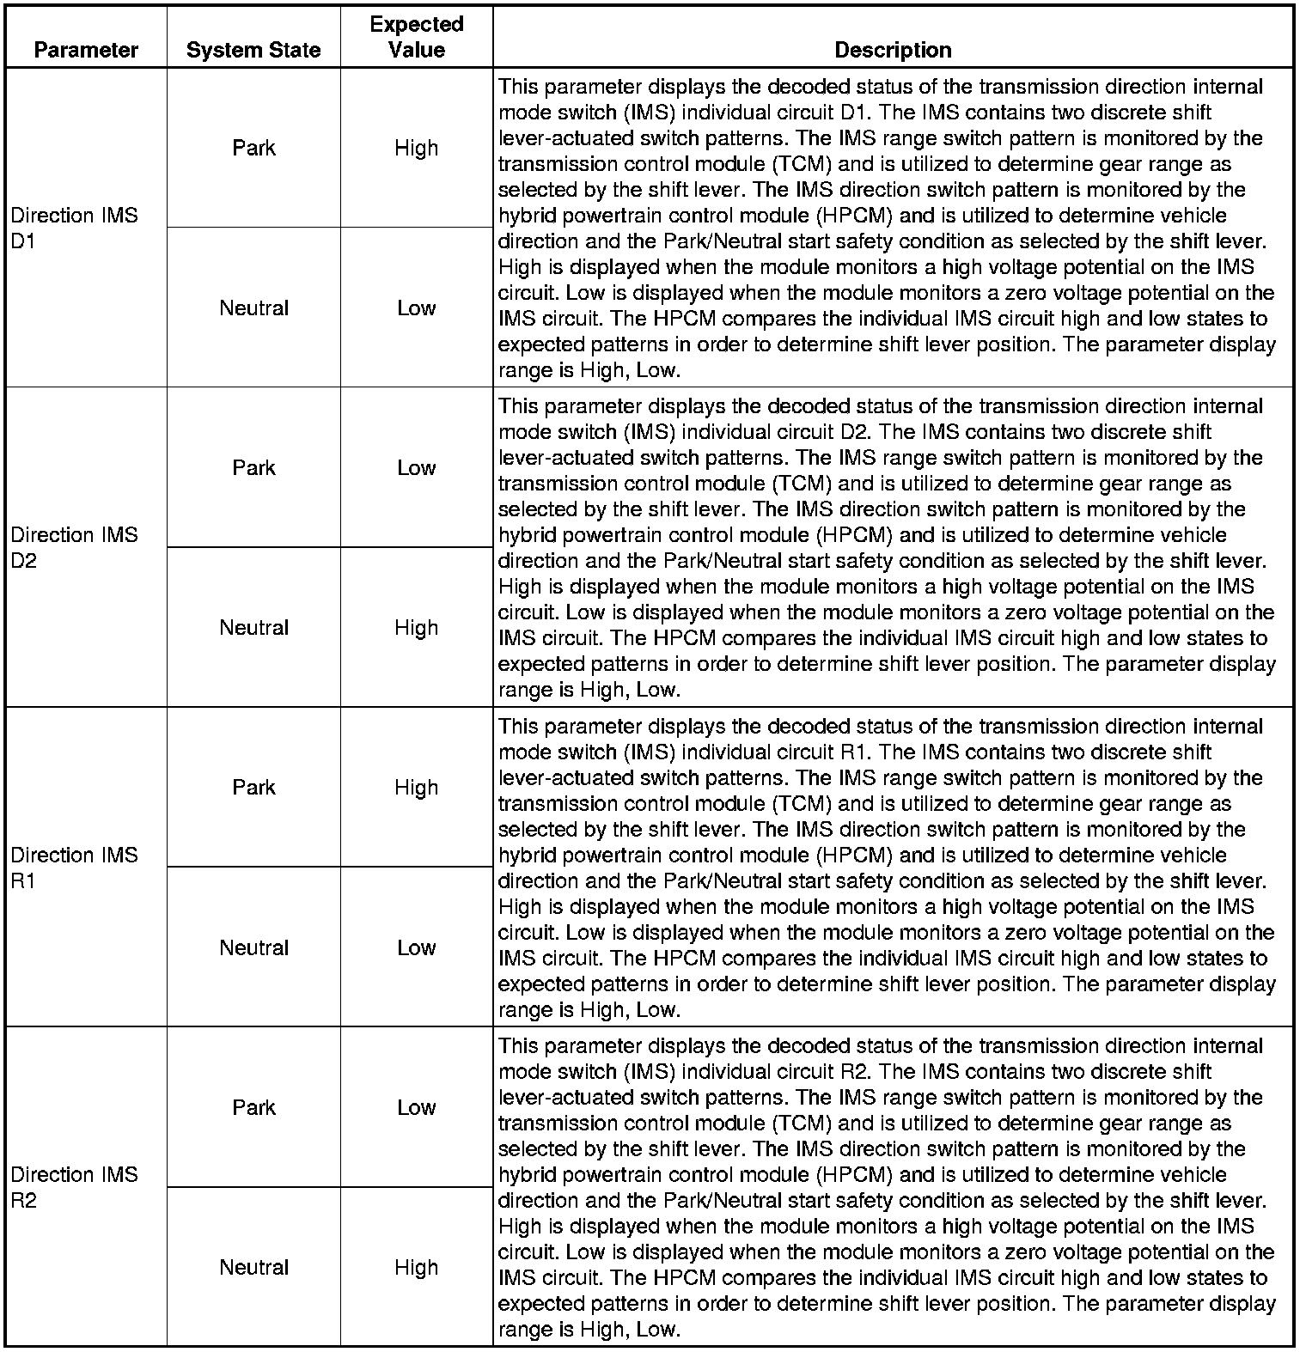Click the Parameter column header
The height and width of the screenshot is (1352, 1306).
coord(86,50)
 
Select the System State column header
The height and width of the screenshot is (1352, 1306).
coord(253,50)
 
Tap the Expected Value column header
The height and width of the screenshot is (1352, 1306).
coord(417,37)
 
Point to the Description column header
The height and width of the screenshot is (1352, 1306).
coord(893,50)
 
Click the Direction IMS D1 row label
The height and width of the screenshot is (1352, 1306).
coord(74,228)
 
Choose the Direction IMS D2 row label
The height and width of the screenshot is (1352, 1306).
coord(74,548)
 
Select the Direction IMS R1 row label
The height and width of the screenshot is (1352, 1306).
coord(74,868)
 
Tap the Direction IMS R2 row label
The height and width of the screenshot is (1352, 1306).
coord(74,1187)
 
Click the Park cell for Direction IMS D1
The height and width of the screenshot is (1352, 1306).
coord(253,148)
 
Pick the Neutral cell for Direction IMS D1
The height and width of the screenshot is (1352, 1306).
coord(253,308)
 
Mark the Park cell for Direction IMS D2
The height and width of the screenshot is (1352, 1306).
coord(253,467)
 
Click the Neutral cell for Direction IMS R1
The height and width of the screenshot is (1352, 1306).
coord(253,947)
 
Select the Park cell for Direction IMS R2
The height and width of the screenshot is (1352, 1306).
coord(253,1107)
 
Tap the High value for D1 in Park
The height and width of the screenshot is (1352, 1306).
coord(417,148)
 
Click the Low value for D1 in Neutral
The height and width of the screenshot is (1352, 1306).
coord(417,308)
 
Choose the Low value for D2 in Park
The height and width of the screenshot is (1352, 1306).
coord(417,467)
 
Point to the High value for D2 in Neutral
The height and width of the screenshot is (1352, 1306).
coord(417,628)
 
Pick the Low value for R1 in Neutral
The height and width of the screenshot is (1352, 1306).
coord(417,947)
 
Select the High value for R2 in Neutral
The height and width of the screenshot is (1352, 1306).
coord(417,1267)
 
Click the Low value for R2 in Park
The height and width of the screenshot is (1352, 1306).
coord(417,1107)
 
